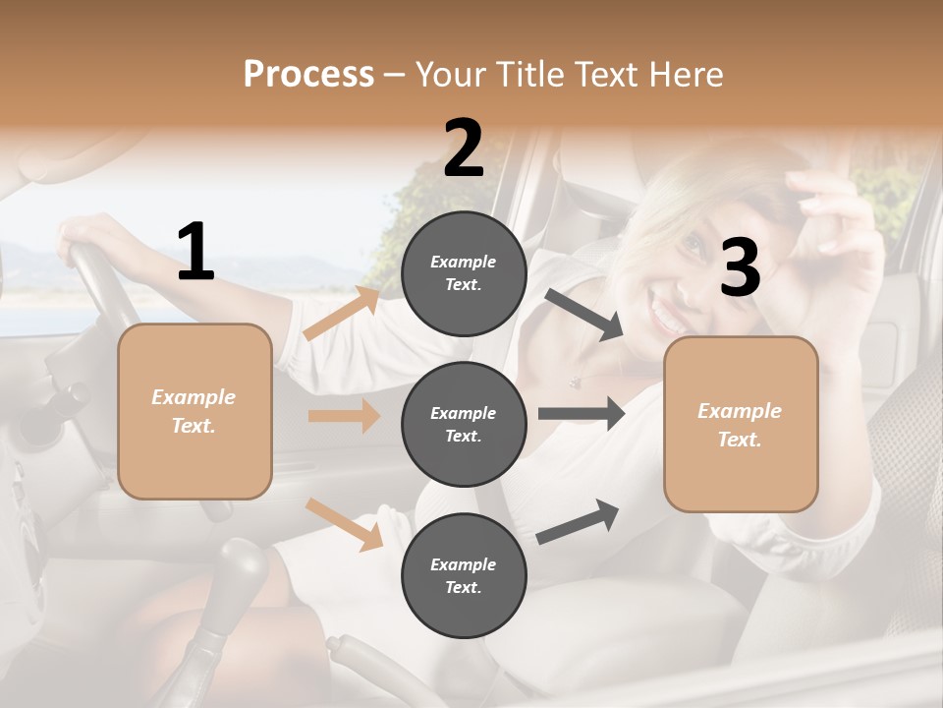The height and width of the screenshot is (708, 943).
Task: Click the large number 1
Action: tap(195, 253)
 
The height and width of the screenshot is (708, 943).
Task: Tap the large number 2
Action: tap(464, 148)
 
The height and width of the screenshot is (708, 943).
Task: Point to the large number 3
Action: tap(740, 267)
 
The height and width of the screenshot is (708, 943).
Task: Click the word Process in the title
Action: tap(308, 74)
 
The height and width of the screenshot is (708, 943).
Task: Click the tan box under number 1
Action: tap(194, 411)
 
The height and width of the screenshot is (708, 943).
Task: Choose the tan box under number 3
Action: tap(741, 424)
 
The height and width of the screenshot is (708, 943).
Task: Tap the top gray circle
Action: tap(464, 273)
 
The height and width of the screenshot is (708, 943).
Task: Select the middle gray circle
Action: tap(464, 424)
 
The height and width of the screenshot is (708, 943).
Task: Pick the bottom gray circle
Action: tap(464, 575)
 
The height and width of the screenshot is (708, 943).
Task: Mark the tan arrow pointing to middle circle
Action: tap(344, 416)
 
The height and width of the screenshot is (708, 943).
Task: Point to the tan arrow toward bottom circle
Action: tap(344, 524)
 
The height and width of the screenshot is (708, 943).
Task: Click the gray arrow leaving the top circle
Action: tap(584, 315)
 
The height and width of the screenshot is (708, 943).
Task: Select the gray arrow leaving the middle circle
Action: tap(582, 413)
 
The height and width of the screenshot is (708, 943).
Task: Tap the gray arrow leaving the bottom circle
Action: tap(578, 521)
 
